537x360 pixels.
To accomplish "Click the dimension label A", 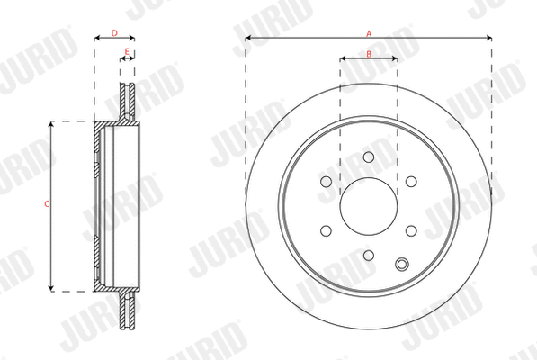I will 369,32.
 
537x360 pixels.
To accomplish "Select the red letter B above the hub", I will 369,54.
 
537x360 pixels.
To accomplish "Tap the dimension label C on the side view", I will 46,205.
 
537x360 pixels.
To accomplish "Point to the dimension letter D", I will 113,33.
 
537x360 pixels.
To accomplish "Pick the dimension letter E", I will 127,52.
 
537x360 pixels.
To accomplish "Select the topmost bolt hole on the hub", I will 369,157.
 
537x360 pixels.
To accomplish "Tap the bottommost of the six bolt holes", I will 369,256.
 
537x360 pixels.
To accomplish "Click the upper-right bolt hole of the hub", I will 411,182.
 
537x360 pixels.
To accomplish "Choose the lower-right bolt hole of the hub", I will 411,230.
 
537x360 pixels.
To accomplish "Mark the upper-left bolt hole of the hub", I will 327,182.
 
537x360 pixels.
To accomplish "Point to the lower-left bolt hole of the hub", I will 327,230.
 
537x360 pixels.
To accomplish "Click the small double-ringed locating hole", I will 402,264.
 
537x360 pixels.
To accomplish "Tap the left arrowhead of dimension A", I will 248,38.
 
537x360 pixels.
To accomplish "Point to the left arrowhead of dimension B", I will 342,59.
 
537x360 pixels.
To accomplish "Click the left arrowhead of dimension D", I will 96,39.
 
